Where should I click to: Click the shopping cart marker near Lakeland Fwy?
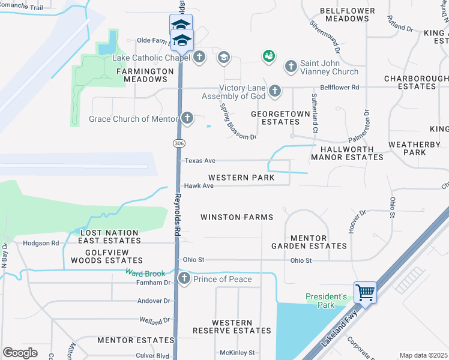(365, 293)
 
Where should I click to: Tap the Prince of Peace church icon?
(184, 279)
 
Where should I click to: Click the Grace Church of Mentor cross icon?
(188, 118)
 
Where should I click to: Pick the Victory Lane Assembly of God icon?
(275, 91)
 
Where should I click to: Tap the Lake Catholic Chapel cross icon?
(199, 58)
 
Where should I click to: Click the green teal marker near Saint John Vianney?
(268, 56)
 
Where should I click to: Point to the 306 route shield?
(178, 143)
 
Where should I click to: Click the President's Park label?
(327, 301)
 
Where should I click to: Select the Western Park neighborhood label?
(241, 178)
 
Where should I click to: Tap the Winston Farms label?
(237, 217)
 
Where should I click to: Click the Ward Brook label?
(145, 273)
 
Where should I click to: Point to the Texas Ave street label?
(199, 161)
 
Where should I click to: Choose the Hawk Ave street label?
(199, 186)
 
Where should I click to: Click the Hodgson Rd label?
(41, 244)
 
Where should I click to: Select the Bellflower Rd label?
(339, 88)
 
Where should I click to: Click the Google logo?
(20, 353)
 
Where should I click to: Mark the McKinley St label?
(234, 352)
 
